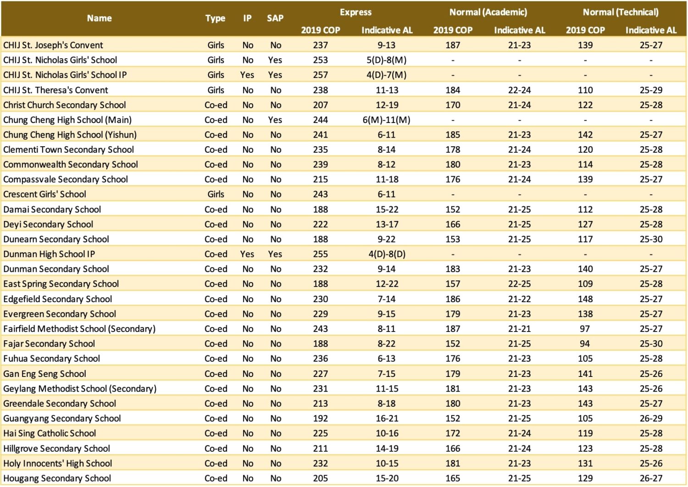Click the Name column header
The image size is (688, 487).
[99, 18]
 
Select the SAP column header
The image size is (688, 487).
[275, 18]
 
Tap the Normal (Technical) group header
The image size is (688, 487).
[621, 12]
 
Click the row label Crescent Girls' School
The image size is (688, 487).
[44, 194]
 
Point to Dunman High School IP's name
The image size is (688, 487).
[49, 254]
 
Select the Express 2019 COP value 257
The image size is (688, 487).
[320, 75]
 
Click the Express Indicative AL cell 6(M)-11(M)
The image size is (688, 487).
[386, 120]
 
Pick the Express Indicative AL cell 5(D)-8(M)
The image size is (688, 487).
[386, 60]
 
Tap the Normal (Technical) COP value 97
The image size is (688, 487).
[585, 329]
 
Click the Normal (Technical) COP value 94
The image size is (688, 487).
[585, 344]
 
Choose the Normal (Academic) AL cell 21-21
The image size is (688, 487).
[519, 329]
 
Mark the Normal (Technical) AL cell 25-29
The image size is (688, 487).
[651, 90]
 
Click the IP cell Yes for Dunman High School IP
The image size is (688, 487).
[247, 254]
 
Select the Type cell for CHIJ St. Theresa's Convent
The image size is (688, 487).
[216, 90]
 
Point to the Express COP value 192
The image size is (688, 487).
[320, 419]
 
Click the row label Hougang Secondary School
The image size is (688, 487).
[57, 478]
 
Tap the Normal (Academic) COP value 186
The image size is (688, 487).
[453, 299]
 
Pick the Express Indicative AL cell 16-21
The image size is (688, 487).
[387, 419]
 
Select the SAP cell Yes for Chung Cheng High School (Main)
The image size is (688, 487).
[275, 120]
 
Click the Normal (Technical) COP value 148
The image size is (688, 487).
[585, 299]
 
